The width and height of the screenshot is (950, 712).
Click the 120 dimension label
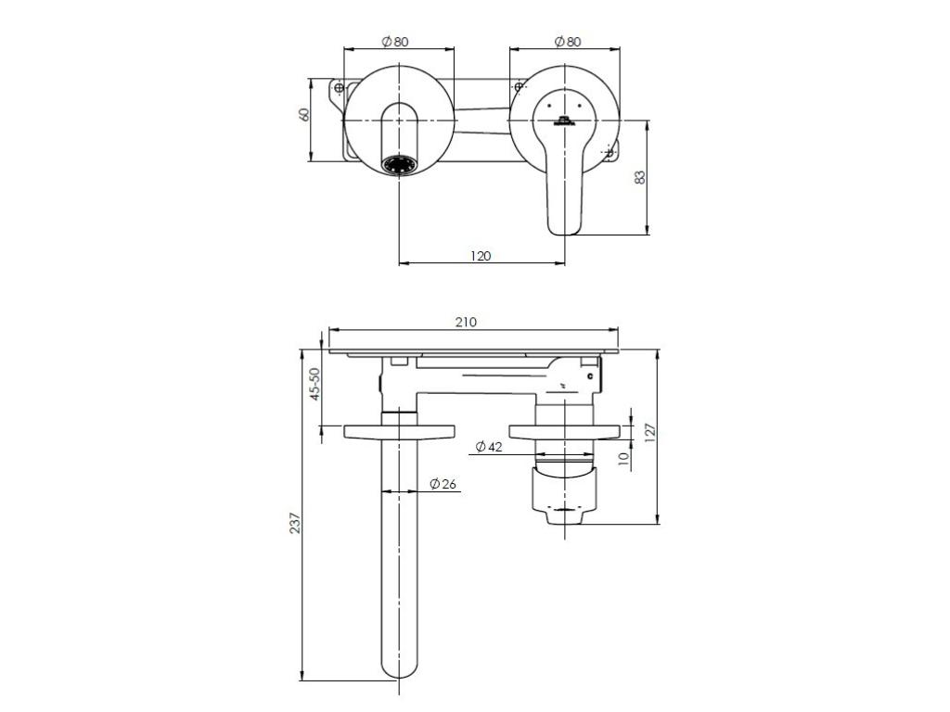[x=481, y=256]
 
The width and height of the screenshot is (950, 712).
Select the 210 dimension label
[x=466, y=322]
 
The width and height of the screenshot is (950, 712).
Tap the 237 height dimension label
[x=295, y=523]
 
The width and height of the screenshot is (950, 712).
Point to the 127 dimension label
[x=650, y=433]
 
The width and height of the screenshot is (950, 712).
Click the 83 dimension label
[x=640, y=177]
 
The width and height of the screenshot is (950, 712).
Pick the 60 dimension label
[x=304, y=114]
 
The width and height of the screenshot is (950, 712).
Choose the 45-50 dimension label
[x=315, y=384]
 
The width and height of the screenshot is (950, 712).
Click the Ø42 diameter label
[x=489, y=447]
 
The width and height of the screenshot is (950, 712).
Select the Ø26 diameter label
[x=443, y=484]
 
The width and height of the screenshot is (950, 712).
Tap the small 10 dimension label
[x=624, y=459]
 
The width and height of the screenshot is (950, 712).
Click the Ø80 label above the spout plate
[x=395, y=42]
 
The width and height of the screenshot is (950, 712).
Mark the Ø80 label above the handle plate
[x=567, y=42]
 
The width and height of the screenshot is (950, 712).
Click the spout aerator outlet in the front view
[x=399, y=165]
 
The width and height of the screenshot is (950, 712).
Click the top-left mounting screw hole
[x=340, y=88]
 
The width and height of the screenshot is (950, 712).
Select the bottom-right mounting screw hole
[x=610, y=153]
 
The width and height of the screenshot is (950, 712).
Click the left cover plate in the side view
[x=399, y=431]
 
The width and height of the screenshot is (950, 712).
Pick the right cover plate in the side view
[x=565, y=431]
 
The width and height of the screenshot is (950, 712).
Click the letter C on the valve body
[x=590, y=376]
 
